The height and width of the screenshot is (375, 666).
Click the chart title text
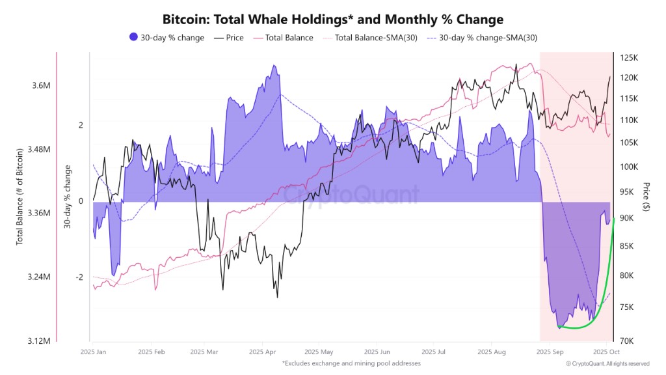coord(333,20)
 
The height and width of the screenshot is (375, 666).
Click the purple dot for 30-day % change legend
coord(134,37)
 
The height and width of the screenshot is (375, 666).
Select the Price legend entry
coord(229,38)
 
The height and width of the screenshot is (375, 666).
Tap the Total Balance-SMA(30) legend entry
coord(370,38)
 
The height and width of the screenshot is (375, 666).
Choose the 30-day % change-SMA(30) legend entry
coord(482,38)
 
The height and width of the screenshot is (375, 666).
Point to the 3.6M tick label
coord(41,85)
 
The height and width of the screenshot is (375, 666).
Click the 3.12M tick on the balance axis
coord(38,341)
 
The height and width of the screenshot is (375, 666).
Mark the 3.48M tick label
coord(38,149)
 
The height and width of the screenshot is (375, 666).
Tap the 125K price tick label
coord(629,58)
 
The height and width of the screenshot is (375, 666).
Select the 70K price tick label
coord(626,341)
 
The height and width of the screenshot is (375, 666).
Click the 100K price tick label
coord(629,167)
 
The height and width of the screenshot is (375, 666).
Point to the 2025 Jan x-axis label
coord(93,352)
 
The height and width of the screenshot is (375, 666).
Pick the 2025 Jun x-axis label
coord(377,352)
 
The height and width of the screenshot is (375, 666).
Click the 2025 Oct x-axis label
coord(606,352)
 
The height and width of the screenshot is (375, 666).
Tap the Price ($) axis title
coord(646,197)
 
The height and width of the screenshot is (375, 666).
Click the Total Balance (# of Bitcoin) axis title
coord(20,197)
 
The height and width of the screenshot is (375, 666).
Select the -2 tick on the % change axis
coord(79,277)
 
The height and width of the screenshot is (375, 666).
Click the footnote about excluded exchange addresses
coord(351,363)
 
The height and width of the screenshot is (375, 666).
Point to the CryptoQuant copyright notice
coord(608,364)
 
